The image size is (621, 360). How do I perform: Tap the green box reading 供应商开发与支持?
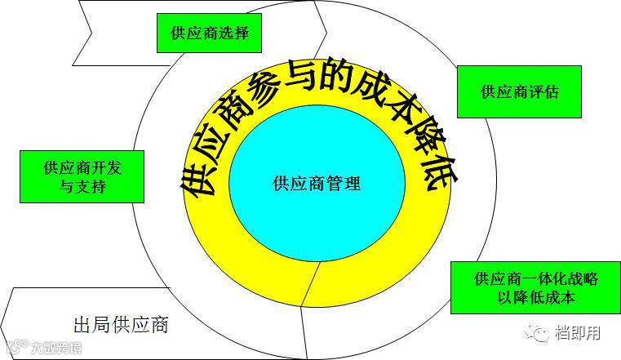tap(82, 176)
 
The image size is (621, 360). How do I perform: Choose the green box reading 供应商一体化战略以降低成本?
tap(535, 287)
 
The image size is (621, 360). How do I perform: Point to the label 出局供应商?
tap(120, 325)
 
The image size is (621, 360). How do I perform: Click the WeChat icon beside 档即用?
tap(539, 332)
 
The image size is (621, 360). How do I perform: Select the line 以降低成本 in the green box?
tap(535, 297)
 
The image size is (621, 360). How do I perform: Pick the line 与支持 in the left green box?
tap(82, 187)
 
